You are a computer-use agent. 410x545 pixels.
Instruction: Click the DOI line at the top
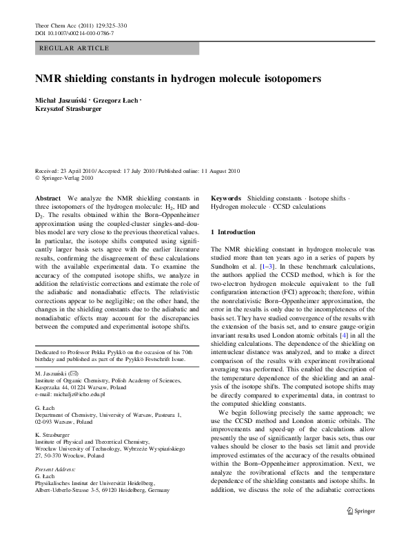point(74,33)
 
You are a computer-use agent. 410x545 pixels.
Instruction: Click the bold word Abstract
point(48,198)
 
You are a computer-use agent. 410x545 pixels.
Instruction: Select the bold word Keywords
point(226,198)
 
